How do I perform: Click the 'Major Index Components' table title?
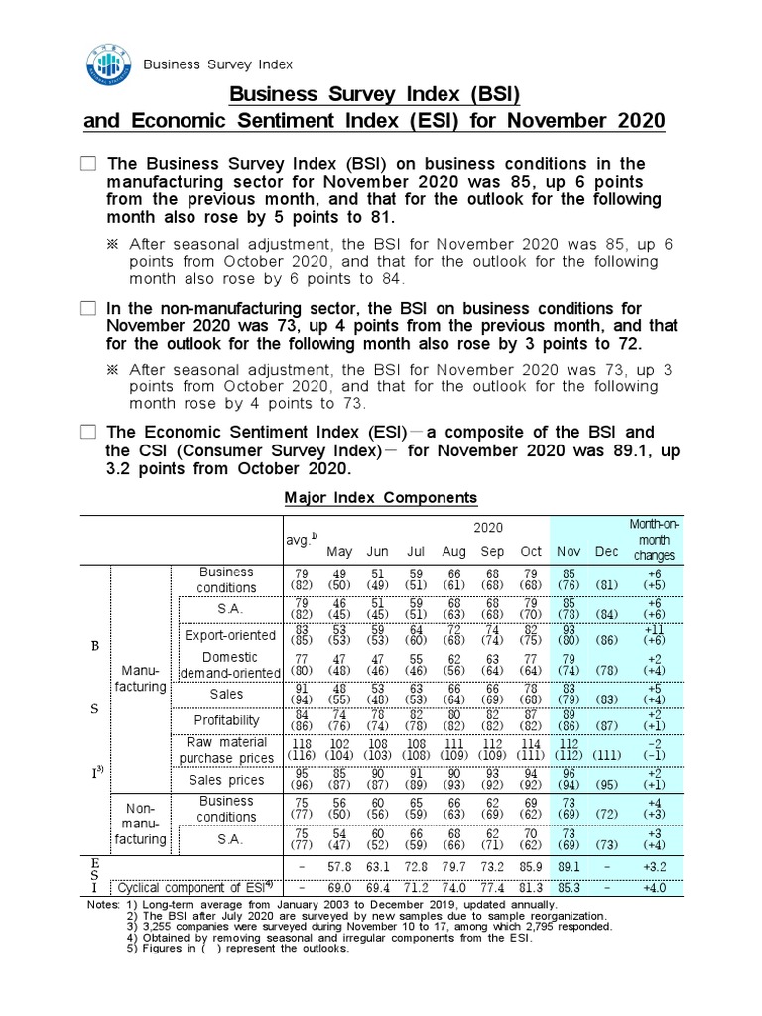coord(381,497)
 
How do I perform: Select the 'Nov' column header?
coord(569,551)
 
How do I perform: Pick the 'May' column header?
coord(339,551)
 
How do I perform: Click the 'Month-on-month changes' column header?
coord(653,539)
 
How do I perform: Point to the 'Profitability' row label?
coord(226,719)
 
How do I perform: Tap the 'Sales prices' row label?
coord(226,780)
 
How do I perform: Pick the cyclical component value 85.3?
coord(569,887)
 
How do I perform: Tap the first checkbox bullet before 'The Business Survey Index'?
coord(89,164)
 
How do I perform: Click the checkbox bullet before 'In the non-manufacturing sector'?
coord(89,309)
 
